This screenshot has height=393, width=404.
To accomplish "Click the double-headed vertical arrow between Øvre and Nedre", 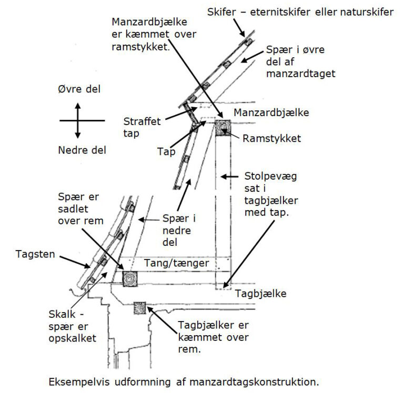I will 78,120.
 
